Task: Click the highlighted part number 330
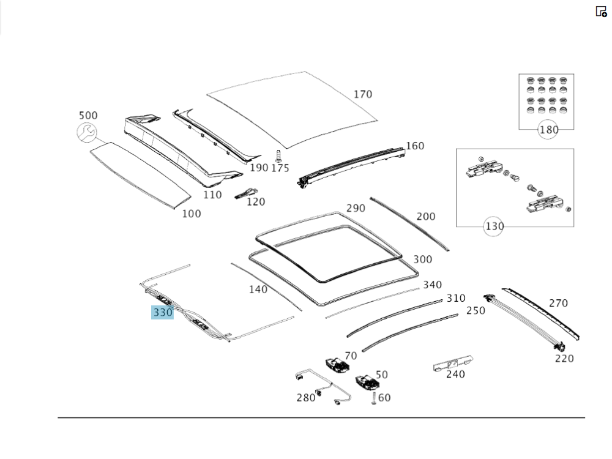pos(163,313)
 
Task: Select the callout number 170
pos(362,94)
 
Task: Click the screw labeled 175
pos(279,155)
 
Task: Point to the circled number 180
pos(548,130)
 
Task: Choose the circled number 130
pos(494,226)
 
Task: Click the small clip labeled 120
pos(247,193)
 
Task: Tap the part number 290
pos(356,208)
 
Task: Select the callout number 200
pos(426,217)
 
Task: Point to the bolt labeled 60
pos(372,398)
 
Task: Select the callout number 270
pos(558,303)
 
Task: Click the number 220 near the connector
pos(564,359)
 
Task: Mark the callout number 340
pos(432,285)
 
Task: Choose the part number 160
pos(415,146)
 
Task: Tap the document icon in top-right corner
pos(601,11)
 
